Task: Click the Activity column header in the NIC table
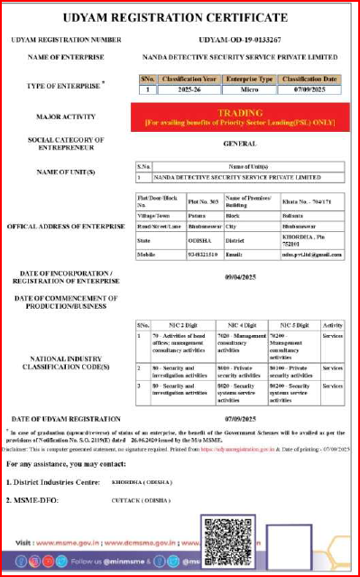[332, 323]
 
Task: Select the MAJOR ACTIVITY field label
[60, 116]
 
